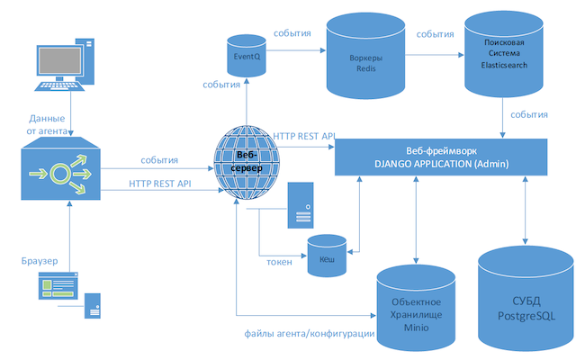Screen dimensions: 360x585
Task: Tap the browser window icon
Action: pyautogui.click(x=59, y=288)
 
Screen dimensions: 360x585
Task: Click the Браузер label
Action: pyautogui.click(x=38, y=260)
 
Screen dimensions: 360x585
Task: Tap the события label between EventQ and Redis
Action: pyautogui.click(x=292, y=33)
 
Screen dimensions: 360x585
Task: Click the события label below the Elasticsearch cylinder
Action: pyautogui.click(x=529, y=115)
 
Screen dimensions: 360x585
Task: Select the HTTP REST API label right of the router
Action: pyautogui.click(x=159, y=183)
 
